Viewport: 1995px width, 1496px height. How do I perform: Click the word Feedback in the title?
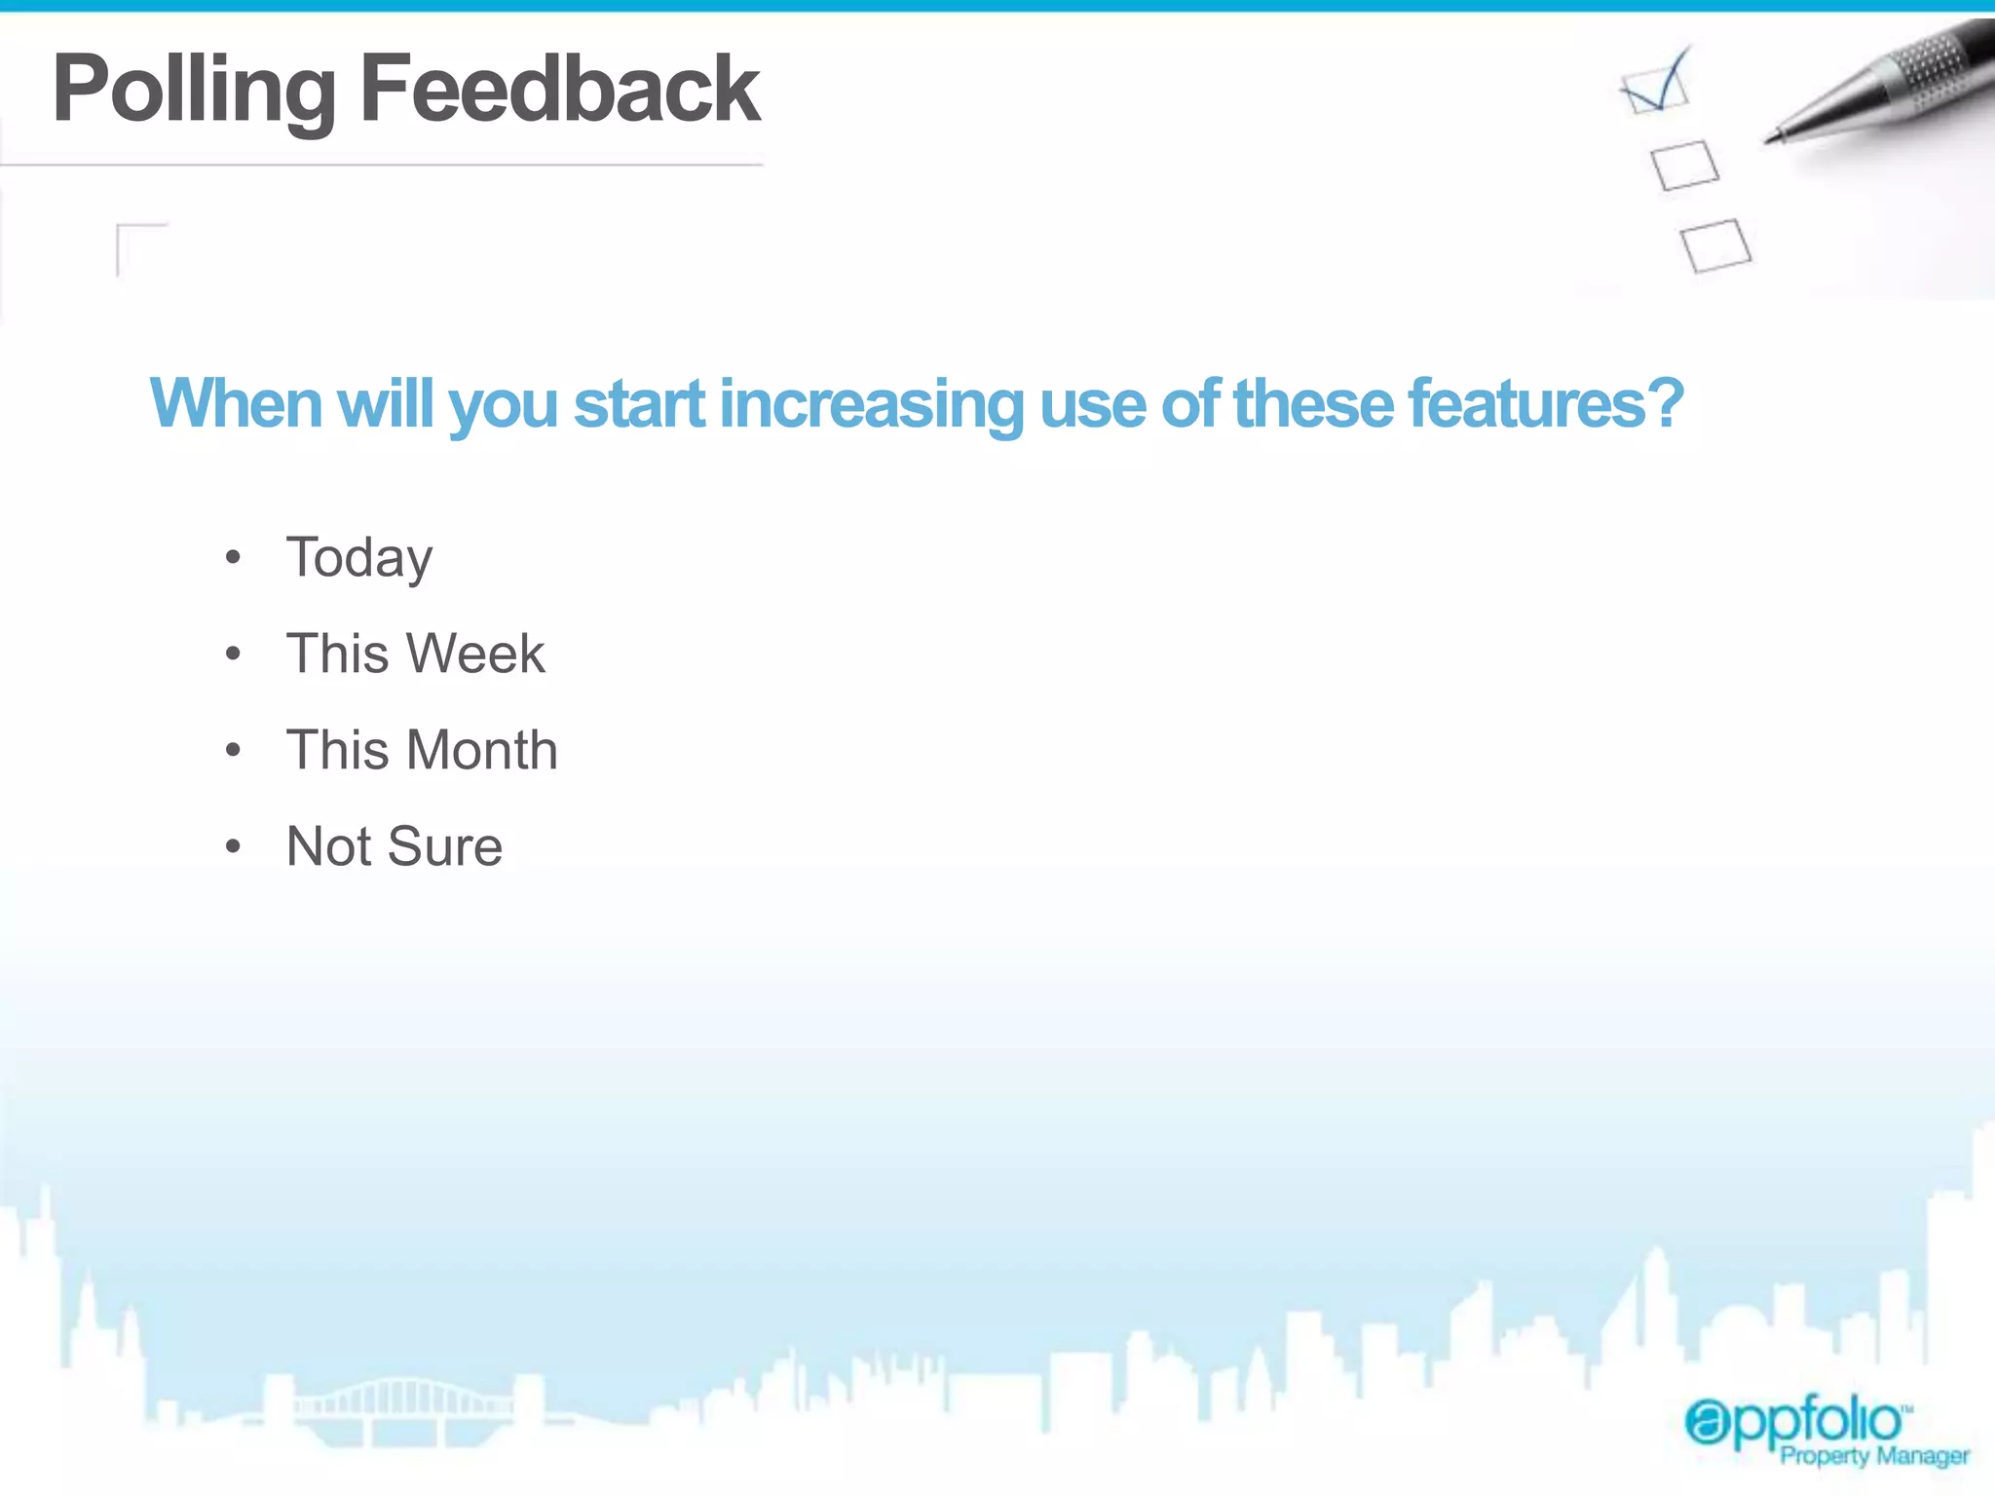(560, 90)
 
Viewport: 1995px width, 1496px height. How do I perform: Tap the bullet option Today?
(358, 558)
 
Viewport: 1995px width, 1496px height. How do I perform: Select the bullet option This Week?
(415, 654)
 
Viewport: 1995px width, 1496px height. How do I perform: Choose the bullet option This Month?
(422, 750)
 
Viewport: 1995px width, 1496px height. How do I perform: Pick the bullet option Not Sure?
(394, 846)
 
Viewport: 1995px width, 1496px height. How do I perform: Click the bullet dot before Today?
(233, 558)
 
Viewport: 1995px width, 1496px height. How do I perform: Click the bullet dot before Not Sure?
(233, 846)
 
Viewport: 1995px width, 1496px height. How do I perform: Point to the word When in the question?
(236, 403)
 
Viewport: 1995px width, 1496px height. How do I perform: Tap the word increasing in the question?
(871, 403)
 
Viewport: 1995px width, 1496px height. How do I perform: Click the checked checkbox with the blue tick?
(1655, 88)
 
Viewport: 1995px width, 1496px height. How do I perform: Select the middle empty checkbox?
(1685, 165)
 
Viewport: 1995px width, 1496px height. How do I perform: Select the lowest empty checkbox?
(1715, 244)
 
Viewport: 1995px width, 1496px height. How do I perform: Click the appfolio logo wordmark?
(1794, 1422)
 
